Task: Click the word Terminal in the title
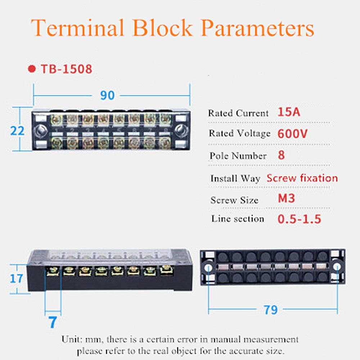pos(77,28)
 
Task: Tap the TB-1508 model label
pos(66,69)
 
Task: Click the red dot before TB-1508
pos(32,69)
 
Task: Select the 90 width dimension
pos(107,95)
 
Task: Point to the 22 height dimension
pos(17,130)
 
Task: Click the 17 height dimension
pos(16,278)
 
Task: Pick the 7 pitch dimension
pos(53,321)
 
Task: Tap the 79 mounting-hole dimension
pos(270,310)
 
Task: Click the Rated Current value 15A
pos(289,112)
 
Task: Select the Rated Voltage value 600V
pos(292,134)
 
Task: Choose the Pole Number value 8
pos(282,156)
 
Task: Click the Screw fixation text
pos(302,178)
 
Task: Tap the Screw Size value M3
pos(287,198)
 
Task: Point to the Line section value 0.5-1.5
pos(299,219)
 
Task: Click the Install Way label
pos(235,179)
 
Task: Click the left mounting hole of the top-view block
pos(41,130)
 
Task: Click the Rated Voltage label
pos(239,134)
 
